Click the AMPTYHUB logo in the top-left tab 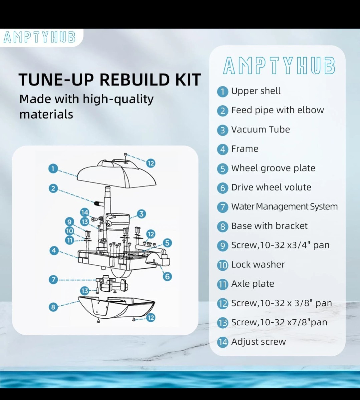(39, 37)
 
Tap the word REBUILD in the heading (134, 80)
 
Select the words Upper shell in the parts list (256, 91)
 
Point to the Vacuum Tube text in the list (260, 130)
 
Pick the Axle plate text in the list (253, 284)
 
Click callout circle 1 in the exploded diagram (53, 169)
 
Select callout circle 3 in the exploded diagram (141, 214)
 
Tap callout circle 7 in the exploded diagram (53, 280)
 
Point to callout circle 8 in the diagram (53, 307)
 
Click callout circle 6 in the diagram (167, 277)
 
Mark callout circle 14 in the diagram (85, 213)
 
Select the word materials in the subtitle (46, 114)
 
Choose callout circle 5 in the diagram (167, 243)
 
